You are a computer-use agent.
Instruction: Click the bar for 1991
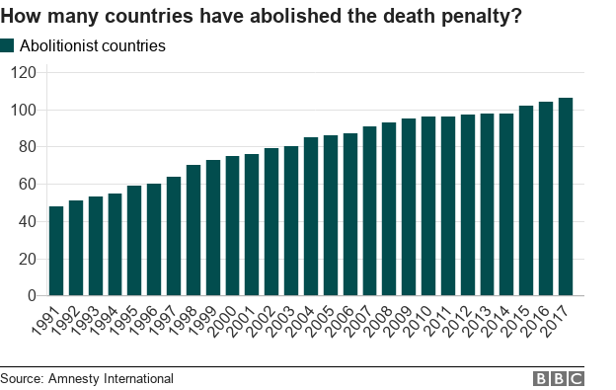pos(55,251)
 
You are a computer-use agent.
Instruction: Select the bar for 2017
pos(566,196)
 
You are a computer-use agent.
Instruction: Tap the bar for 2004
pos(311,216)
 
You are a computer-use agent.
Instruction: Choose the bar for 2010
pos(428,206)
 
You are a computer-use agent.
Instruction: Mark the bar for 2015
pos(526,200)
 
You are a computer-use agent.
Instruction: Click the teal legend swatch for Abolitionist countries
pos(8,45)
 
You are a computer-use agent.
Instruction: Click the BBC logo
pos(559,378)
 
